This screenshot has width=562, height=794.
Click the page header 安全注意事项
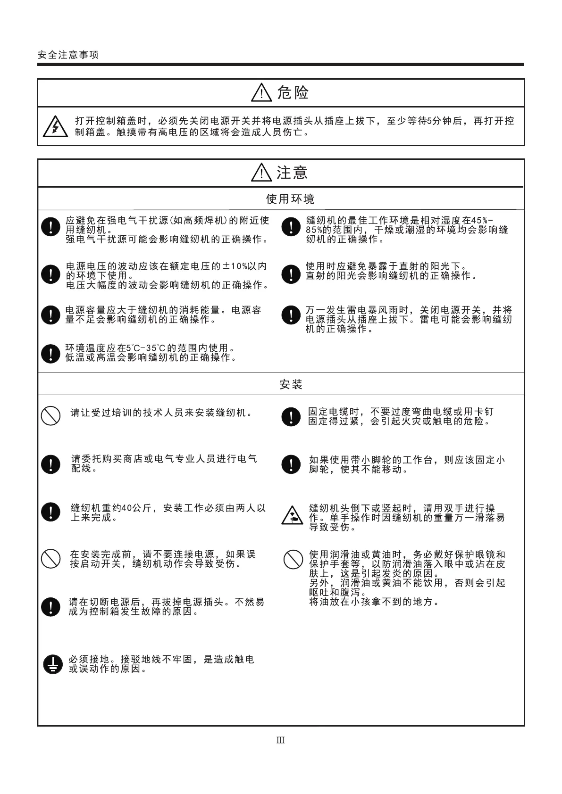[68, 55]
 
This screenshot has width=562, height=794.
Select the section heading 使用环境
[290, 199]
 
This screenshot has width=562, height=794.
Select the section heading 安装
[291, 384]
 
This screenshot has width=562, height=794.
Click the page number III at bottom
[281, 740]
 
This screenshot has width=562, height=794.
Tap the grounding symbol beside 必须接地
[52, 664]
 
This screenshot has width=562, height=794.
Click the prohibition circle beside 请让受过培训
[50, 415]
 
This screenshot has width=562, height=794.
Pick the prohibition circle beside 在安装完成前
[50, 559]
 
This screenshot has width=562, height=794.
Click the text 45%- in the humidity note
[482, 220]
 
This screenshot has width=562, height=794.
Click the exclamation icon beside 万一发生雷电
[291, 315]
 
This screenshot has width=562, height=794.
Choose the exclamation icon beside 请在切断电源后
[50, 606]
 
